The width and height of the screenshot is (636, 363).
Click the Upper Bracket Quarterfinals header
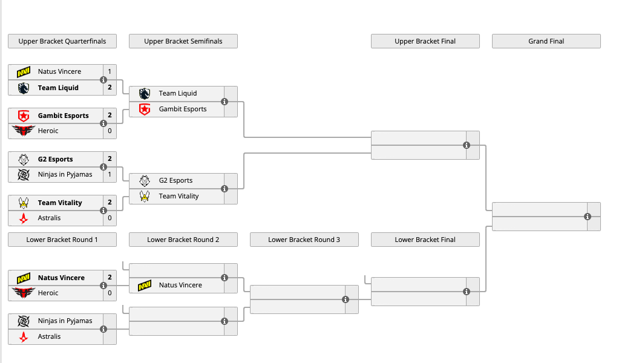pyautogui.click(x=62, y=41)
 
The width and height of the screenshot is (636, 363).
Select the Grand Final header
pyautogui.click(x=546, y=41)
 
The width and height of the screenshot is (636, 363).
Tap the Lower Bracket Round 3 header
pyautogui.click(x=304, y=240)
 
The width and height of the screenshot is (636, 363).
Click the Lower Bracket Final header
pyautogui.click(x=425, y=240)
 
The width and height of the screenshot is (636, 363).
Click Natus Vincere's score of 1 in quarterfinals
pyautogui.click(x=110, y=71)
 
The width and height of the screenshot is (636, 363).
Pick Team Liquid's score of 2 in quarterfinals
pyautogui.click(x=110, y=87)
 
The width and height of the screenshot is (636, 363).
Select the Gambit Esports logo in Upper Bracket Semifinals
pyautogui.click(x=145, y=109)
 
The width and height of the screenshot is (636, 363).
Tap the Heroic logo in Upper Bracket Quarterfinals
pyautogui.click(x=24, y=131)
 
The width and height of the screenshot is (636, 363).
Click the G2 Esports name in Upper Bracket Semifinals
pyautogui.click(x=175, y=180)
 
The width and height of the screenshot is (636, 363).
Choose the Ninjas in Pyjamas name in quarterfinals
pyautogui.click(x=65, y=174)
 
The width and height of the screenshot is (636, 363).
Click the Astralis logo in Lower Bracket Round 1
pyautogui.click(x=24, y=336)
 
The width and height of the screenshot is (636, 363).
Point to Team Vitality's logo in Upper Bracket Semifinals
pyautogui.click(x=145, y=196)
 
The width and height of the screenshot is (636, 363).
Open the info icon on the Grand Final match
pyautogui.click(x=588, y=217)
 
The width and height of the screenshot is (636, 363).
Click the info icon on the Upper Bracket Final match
pyautogui.click(x=467, y=145)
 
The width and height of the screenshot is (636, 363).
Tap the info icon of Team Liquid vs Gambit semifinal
pyautogui.click(x=225, y=102)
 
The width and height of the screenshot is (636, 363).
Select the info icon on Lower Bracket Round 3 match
pyautogui.click(x=345, y=299)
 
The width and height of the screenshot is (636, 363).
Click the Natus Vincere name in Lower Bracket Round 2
pyautogui.click(x=180, y=285)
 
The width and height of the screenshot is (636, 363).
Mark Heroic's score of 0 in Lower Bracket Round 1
pyautogui.click(x=110, y=293)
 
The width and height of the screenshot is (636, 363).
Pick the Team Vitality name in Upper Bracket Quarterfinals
pyautogui.click(x=60, y=203)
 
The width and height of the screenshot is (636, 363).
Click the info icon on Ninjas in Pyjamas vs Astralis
pyautogui.click(x=103, y=329)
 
